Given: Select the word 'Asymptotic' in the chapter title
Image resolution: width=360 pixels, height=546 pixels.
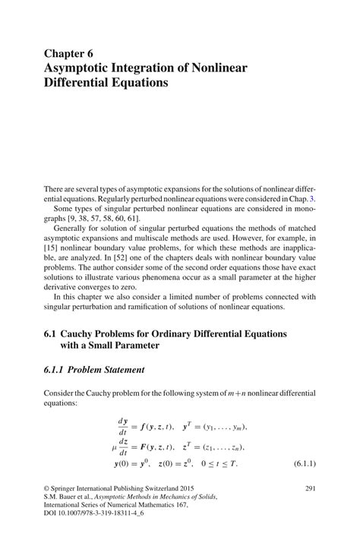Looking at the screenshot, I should [82, 68].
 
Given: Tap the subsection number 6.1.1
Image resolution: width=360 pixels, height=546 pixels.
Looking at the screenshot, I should [58, 370].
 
